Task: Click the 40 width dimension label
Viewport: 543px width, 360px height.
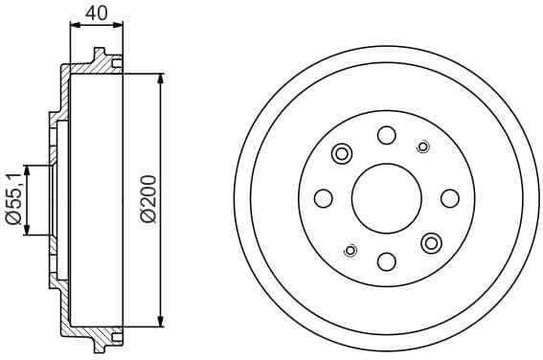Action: pos(96,13)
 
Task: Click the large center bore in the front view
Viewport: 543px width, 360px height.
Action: pos(386,198)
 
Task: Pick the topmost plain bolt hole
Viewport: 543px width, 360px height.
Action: pos(386,135)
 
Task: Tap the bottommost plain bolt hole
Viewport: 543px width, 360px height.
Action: pos(386,261)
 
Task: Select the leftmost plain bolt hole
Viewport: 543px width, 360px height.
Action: pos(324,198)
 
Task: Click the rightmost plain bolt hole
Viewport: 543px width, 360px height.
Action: pos(449,198)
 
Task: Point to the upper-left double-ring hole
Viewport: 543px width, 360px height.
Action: pos(341,153)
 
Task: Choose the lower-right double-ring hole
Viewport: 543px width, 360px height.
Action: pos(431,242)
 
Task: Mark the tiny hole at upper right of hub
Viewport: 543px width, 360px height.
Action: pos(422,146)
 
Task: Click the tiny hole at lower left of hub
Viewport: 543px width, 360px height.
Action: pos(350,250)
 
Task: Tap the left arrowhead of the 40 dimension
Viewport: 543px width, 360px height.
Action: pos(74,27)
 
